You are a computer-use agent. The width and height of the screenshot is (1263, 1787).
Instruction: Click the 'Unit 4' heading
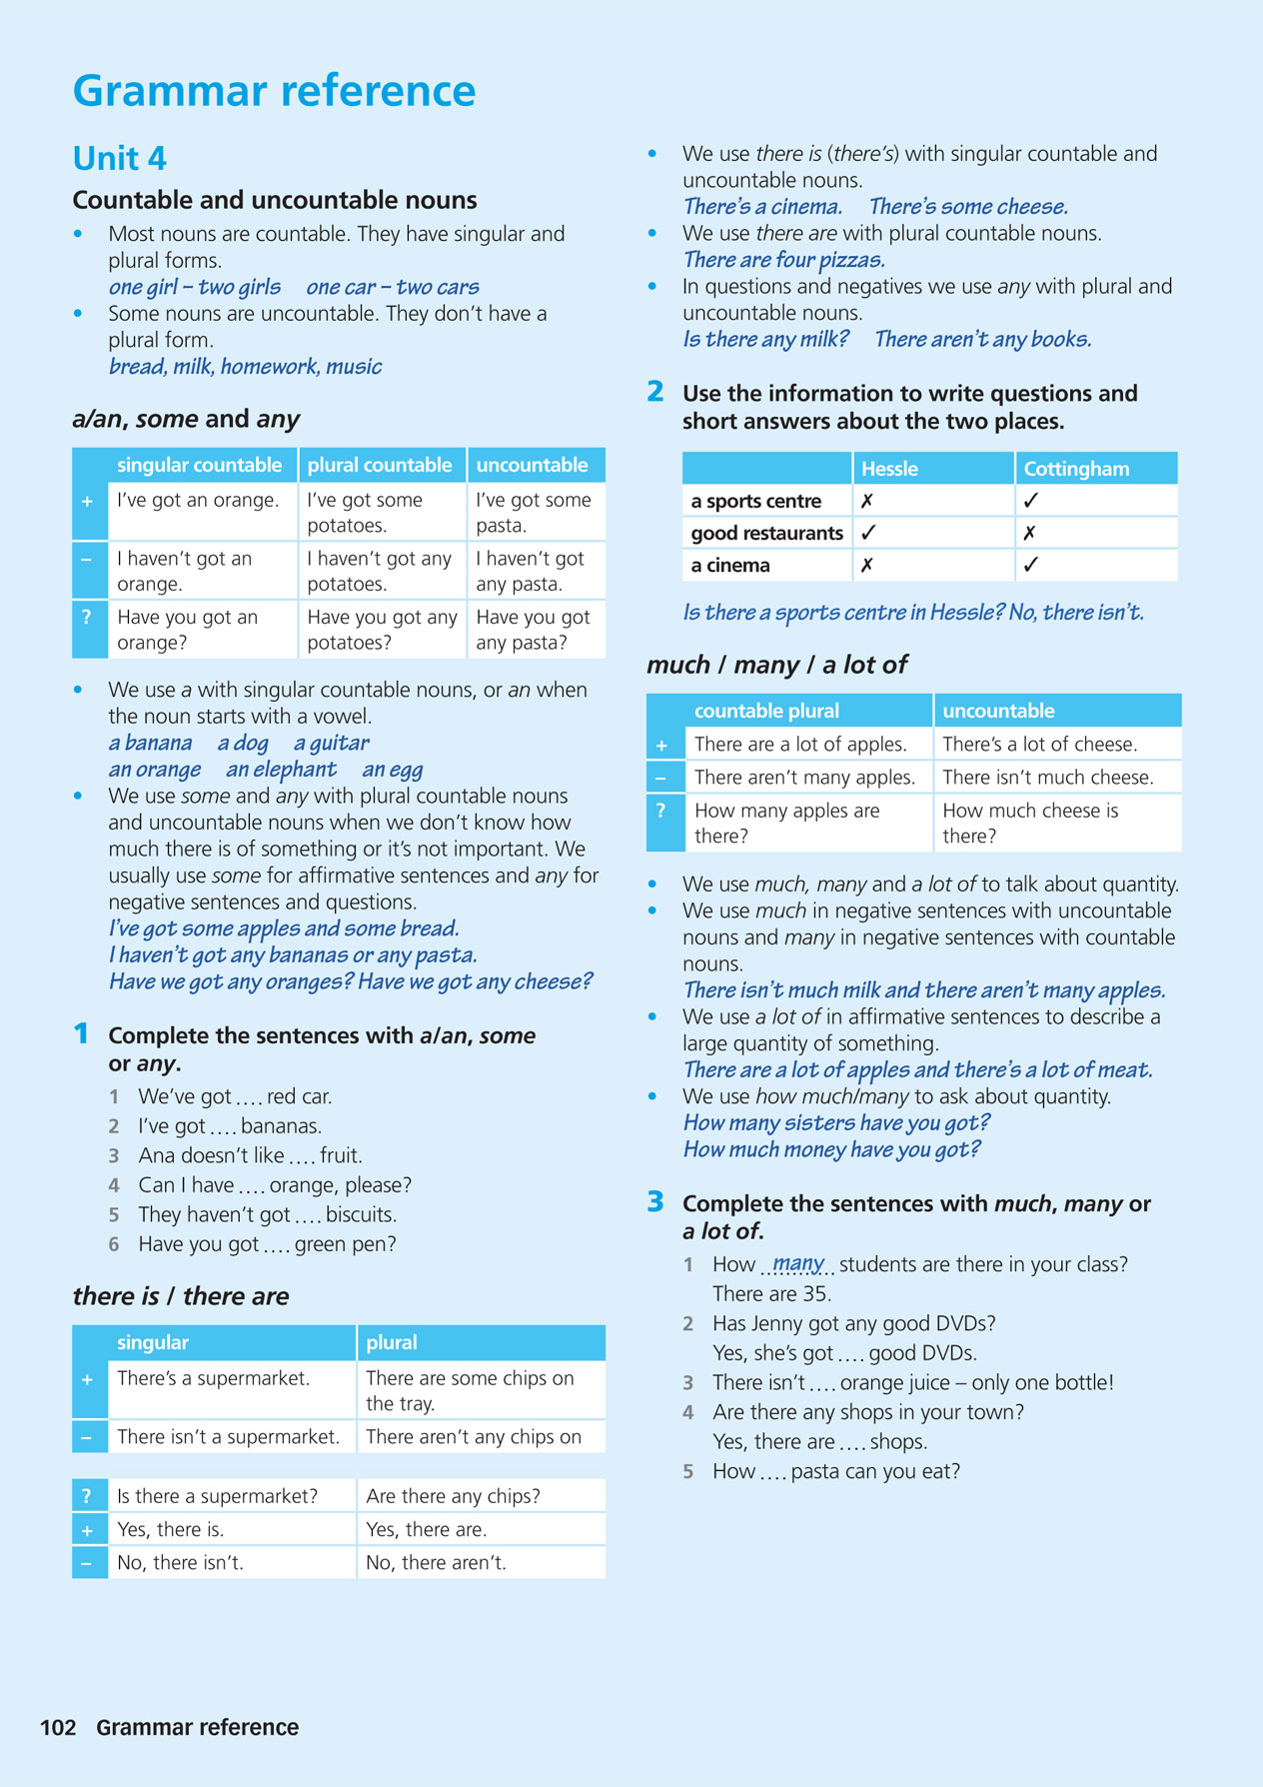point(120,158)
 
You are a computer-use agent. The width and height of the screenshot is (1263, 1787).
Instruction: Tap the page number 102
point(58,1727)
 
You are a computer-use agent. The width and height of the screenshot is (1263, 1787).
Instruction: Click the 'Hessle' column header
point(889,469)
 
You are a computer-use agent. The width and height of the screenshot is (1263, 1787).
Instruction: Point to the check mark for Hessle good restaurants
point(868,533)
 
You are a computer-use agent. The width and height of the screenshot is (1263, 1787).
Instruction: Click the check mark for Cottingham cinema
point(1031,565)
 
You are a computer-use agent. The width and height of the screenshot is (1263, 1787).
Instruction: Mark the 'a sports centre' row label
point(756,501)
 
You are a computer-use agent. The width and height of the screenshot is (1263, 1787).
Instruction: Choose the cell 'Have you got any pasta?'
point(534,630)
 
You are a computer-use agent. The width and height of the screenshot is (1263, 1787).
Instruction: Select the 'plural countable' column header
point(380,465)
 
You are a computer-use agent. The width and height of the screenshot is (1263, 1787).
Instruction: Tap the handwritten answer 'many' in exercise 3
point(798,1262)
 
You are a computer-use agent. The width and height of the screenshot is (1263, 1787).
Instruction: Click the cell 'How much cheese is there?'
point(1030,823)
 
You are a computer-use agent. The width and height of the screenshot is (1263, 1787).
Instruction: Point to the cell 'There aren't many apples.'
point(804,777)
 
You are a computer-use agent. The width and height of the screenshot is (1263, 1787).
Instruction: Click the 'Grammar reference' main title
point(274,90)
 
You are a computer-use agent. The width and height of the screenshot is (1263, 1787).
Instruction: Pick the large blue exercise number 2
point(655,392)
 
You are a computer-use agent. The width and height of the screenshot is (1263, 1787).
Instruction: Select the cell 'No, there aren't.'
point(436,1562)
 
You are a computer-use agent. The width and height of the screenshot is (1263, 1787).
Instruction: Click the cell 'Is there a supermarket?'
point(217,1495)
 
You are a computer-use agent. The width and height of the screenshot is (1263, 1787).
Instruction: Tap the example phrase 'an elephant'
point(281,770)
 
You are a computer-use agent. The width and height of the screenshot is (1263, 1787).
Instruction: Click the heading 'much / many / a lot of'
point(776,665)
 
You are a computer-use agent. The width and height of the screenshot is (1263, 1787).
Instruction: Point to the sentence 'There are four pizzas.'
point(784,260)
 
